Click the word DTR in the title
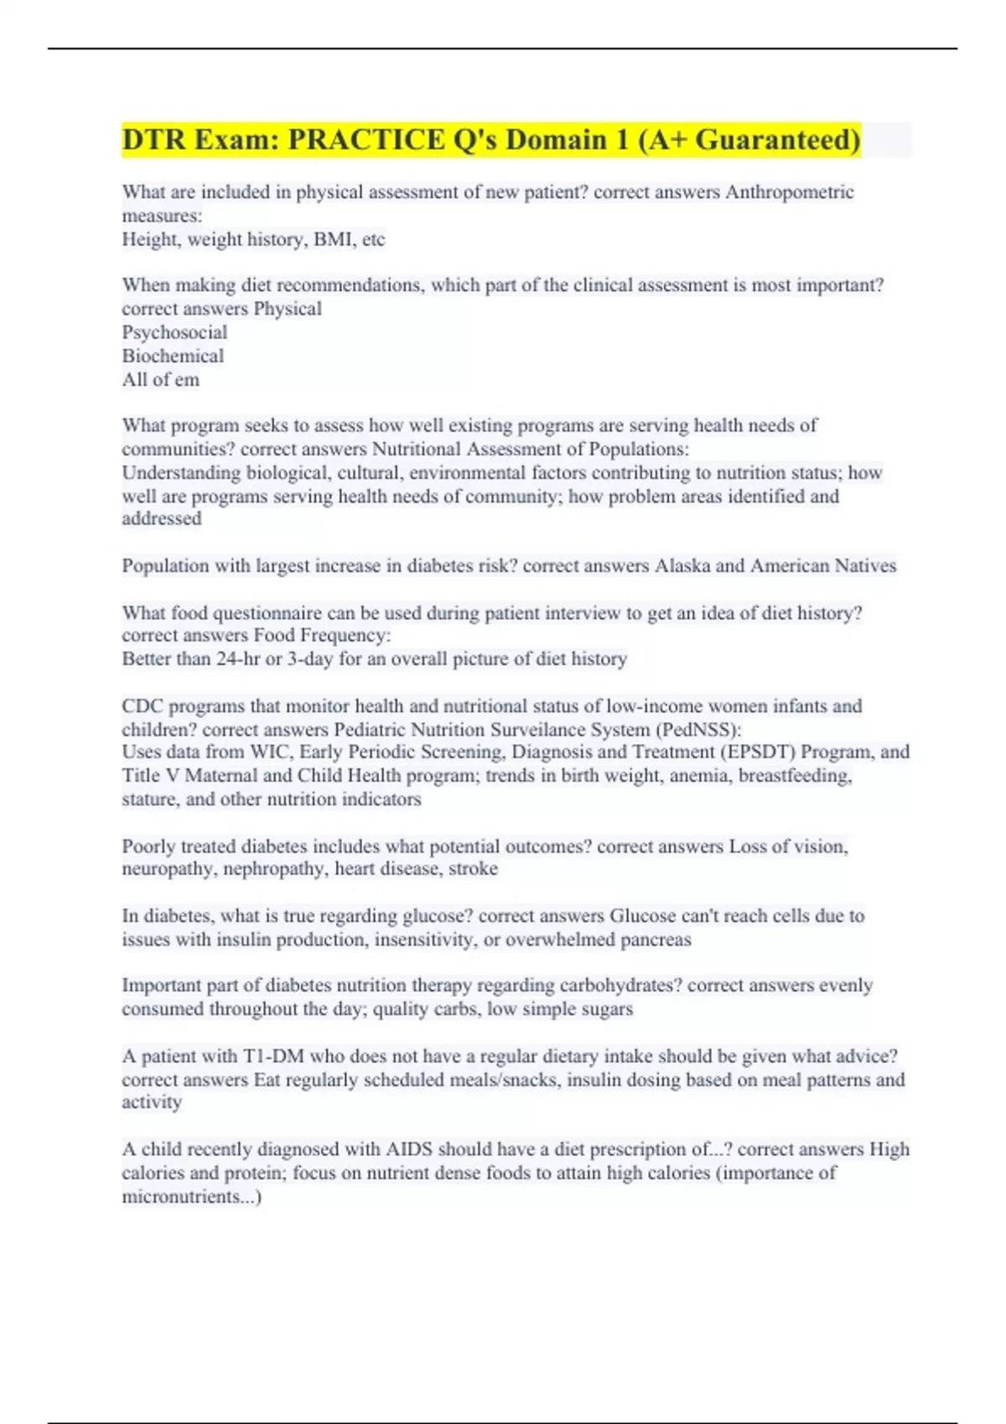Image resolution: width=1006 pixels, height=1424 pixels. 153,140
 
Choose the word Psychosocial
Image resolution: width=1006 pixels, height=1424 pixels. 174,333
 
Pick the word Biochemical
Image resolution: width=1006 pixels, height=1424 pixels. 173,356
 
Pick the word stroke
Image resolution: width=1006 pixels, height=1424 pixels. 473,869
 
